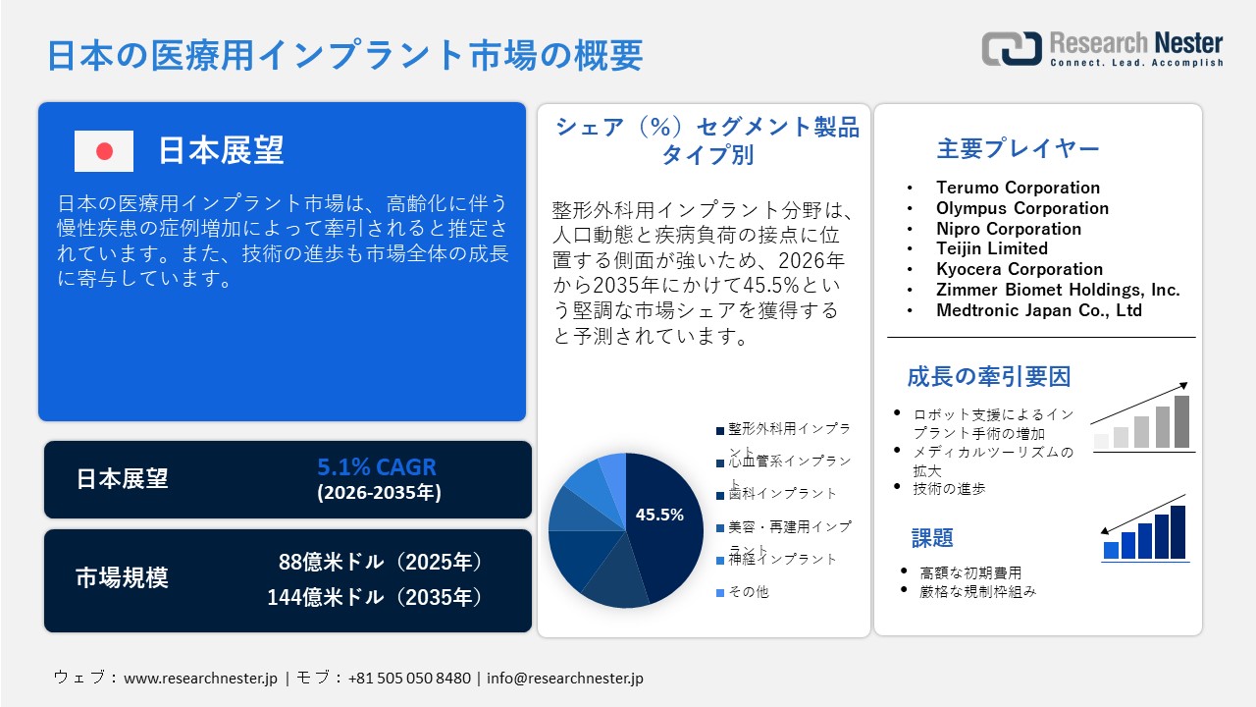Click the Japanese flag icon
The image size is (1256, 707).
pos(104,151)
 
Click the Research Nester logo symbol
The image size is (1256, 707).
pos(1012,49)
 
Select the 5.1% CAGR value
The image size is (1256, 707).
pos(377,466)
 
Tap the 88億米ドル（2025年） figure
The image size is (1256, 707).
pos(382,562)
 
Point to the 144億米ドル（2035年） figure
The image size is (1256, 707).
pos(376,596)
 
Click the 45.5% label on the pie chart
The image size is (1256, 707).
pos(659,515)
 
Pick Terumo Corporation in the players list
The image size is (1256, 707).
pos(1018,188)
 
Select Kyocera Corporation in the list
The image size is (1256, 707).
pos(1020,269)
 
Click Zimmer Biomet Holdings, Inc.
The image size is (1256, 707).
pos(1058,290)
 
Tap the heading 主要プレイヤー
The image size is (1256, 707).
pos(1018,149)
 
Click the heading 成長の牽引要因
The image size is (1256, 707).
pos(988,376)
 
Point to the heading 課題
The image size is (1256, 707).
pos(932,538)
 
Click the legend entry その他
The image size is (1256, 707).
pos(748,592)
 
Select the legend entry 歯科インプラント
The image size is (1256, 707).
pos(782,493)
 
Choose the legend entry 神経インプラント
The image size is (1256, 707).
pos(782,559)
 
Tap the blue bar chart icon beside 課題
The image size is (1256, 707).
pos(1144,532)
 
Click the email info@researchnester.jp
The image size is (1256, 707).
pos(564,679)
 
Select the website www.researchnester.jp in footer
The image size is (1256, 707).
pos(201,679)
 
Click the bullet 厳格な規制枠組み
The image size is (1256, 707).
pos(977,591)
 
